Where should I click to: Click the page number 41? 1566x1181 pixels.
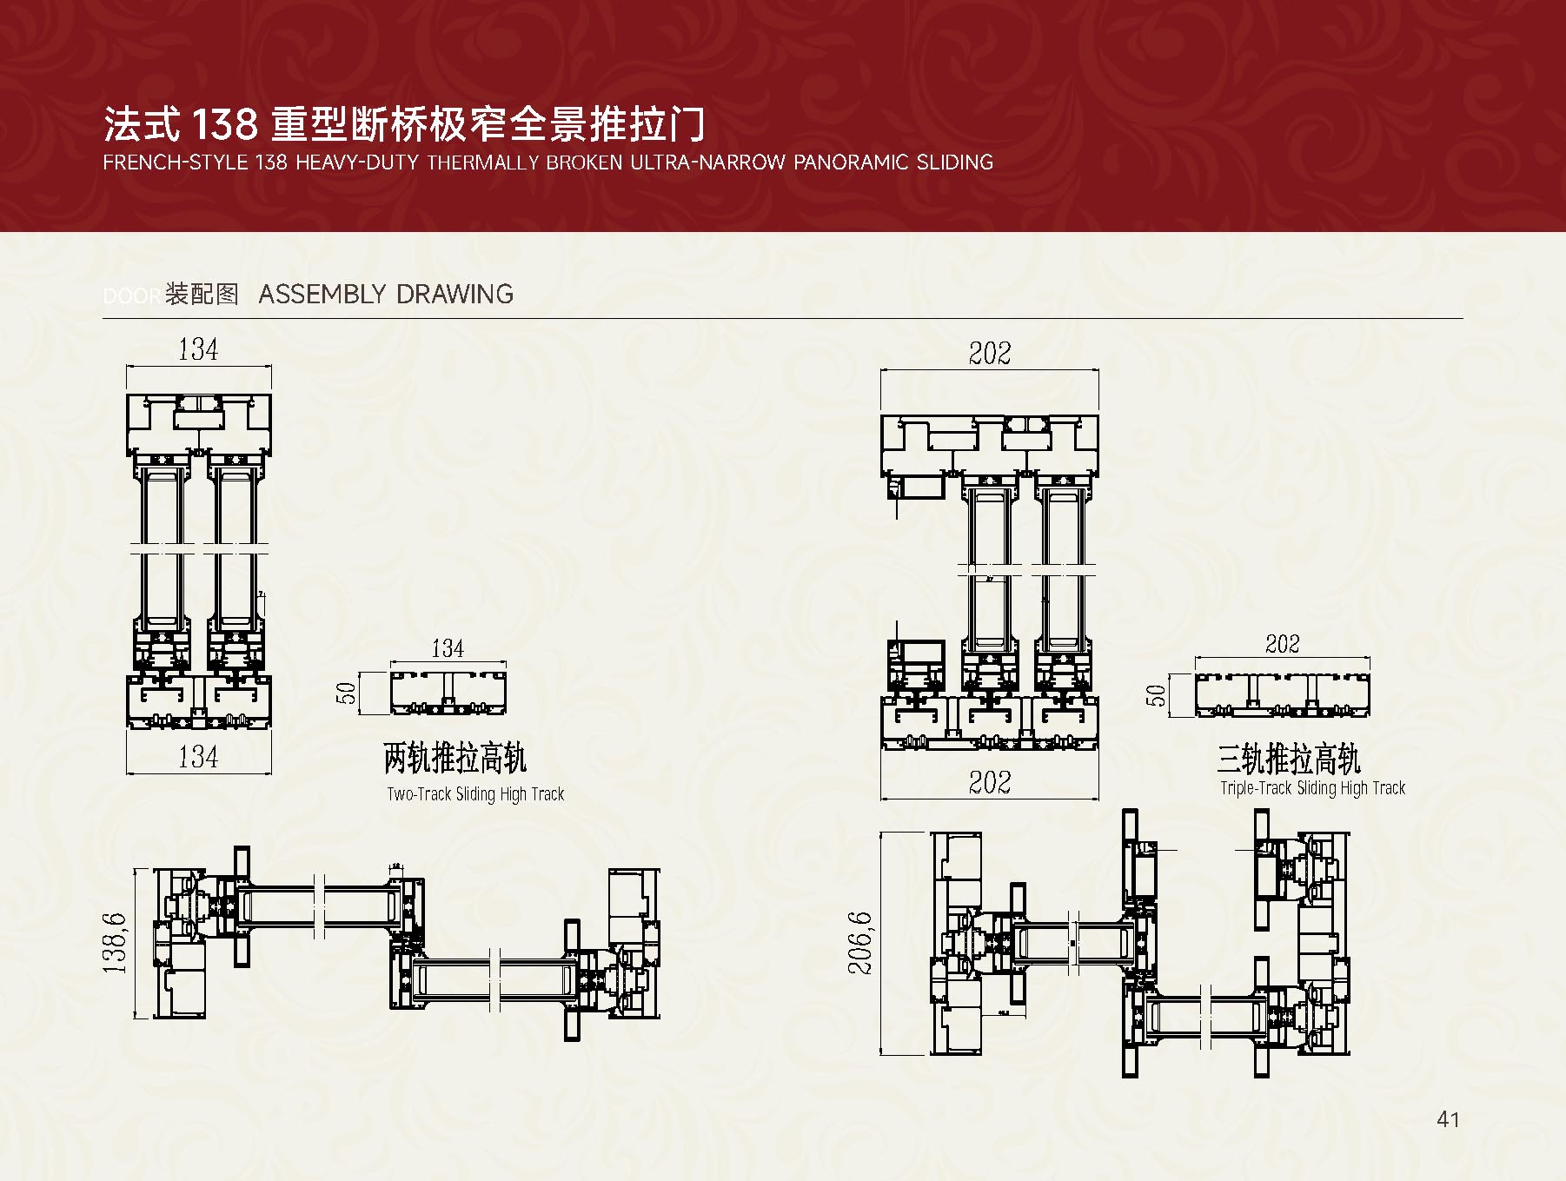[x=1448, y=1119]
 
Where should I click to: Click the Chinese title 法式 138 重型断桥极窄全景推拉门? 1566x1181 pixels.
[x=403, y=124]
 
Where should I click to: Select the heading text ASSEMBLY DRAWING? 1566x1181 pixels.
[x=386, y=294]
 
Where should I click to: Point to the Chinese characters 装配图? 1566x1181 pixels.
[x=202, y=294]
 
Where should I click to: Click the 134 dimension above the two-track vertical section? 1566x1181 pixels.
[x=198, y=349]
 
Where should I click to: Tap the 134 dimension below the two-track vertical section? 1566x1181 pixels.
[x=198, y=756]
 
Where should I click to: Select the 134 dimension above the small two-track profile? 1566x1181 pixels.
[x=448, y=648]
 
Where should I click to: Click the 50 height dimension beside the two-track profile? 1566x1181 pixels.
[x=347, y=693]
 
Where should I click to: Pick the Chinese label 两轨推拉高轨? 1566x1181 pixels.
[x=455, y=759]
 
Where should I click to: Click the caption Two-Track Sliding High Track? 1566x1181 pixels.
[x=475, y=793]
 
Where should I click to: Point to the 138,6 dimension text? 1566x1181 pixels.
[x=116, y=943]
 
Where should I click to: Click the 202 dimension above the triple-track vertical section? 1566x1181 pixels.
[x=990, y=353]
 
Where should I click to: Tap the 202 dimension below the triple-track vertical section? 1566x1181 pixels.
[x=990, y=782]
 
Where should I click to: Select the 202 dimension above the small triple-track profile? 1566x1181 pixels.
[x=1283, y=644]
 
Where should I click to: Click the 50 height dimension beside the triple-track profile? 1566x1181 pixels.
[x=1156, y=695]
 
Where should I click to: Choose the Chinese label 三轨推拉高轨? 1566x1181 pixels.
[x=1289, y=759]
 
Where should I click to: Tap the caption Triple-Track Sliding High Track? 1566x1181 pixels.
[x=1312, y=788]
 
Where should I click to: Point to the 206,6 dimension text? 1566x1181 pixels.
[x=859, y=943]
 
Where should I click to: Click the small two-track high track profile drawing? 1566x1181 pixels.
[x=448, y=693]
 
